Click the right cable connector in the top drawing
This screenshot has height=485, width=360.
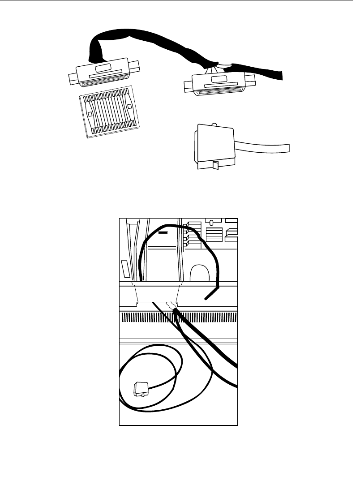click(219, 84)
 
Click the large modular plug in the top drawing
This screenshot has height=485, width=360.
click(214, 144)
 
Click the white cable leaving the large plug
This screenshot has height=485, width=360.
click(264, 148)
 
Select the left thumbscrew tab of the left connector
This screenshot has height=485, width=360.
click(73, 80)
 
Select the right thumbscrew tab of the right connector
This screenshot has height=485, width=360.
click(251, 82)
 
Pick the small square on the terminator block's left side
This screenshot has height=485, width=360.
click(90, 114)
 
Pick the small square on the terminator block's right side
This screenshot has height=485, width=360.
click(129, 107)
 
